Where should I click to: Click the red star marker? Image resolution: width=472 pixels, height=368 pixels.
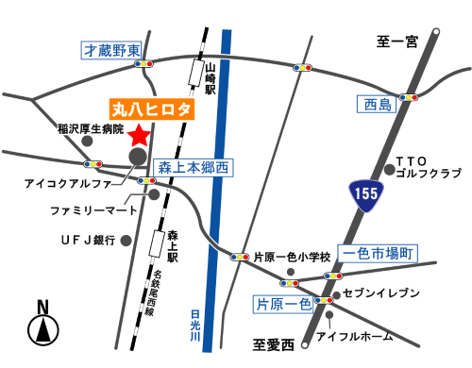(140, 133)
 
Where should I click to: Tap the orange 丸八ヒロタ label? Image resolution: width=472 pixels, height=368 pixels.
(151, 109)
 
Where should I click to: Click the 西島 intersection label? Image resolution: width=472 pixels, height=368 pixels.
(373, 104)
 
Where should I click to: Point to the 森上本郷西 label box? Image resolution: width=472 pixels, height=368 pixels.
(193, 166)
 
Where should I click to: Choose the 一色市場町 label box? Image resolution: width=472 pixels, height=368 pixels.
(379, 253)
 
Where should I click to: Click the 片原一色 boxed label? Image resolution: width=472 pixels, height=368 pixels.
(283, 303)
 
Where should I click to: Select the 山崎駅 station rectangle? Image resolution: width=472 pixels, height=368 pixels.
(196, 73)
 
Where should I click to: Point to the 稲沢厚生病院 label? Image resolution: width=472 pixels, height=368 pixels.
(91, 127)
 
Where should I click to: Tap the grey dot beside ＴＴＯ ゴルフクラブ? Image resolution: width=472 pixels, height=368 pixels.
(389, 171)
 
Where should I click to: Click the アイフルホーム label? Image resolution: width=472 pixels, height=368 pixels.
(361, 337)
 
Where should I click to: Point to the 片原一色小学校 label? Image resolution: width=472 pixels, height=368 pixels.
(292, 257)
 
